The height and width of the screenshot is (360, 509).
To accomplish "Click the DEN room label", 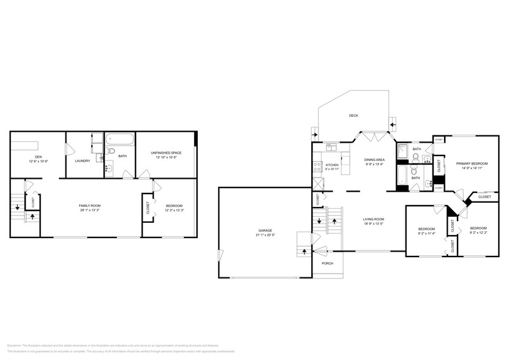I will pos(38,157).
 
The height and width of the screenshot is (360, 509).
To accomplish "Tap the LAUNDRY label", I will pos(82,161).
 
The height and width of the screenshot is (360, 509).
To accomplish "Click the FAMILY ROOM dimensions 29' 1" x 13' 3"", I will pos(89,209).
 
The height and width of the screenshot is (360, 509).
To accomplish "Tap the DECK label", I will pos(353,115).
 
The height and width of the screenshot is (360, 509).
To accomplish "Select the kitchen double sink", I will pos(332,147).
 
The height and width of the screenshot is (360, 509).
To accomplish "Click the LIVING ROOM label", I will pos(374,219).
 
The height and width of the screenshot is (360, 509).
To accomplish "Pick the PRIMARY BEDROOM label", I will pos(472,163).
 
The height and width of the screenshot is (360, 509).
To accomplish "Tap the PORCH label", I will pos(326,264).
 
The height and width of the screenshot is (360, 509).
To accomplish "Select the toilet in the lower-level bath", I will pos(111,151).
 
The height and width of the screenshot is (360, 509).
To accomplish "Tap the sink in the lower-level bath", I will pos(109,167).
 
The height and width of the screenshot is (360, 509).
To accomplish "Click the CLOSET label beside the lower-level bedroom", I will pos(147,209).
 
